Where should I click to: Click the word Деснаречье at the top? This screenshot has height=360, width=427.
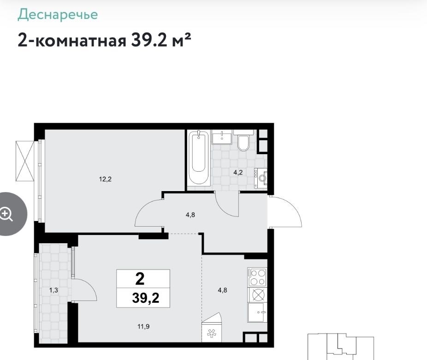pyautogui.click(x=58, y=15)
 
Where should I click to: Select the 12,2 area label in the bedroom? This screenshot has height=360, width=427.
pyautogui.click(x=105, y=179)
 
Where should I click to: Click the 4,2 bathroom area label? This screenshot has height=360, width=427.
pyautogui.click(x=238, y=172)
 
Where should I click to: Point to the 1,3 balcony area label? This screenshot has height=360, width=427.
pyautogui.click(x=53, y=290)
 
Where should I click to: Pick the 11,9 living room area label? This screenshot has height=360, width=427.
pyautogui.click(x=143, y=326)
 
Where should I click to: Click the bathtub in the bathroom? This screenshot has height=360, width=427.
pyautogui.click(x=199, y=157)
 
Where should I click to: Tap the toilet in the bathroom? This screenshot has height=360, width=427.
pyautogui.click(x=243, y=140)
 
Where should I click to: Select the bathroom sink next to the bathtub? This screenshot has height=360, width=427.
pyautogui.click(x=222, y=137)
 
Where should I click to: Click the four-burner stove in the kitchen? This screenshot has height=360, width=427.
pyautogui.click(x=257, y=277)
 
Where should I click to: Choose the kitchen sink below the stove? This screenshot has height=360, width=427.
pyautogui.click(x=257, y=312)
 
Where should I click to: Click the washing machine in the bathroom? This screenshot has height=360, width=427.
pyautogui.click(x=261, y=178)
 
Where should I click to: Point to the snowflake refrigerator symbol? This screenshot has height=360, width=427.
pyautogui.click(x=212, y=333)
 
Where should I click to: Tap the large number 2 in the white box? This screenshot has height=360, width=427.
pyautogui.click(x=140, y=279)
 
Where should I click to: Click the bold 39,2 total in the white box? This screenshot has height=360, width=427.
pyautogui.click(x=146, y=298)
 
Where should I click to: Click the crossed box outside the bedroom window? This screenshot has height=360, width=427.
pyautogui.click(x=25, y=161)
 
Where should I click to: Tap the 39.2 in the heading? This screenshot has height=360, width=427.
pyautogui.click(x=148, y=40)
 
